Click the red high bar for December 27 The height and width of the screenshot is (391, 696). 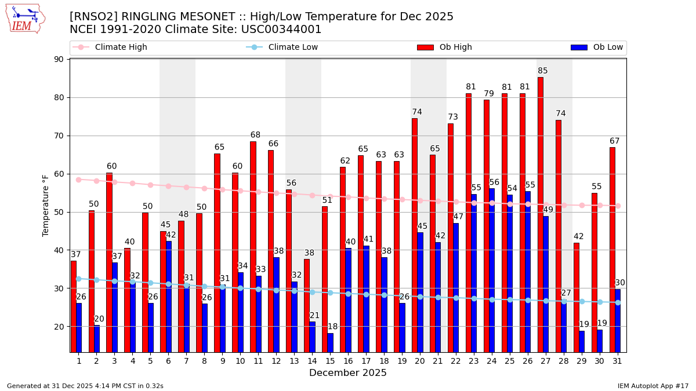tap(540, 214)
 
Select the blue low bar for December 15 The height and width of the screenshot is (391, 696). tap(330, 342)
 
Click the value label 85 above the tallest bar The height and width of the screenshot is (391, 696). tap(543, 71)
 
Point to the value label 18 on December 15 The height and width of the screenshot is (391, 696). tap(332, 327)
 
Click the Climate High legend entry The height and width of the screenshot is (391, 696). tap(113, 47)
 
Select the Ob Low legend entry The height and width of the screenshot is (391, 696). tap(597, 47)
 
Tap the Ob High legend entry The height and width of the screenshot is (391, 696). tap(445, 47)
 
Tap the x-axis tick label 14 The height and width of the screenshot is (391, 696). tap(312, 361)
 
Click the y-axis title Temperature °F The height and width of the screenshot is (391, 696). tap(46, 205)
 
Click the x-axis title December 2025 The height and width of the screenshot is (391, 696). tap(347, 373)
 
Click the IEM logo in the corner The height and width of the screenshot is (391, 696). tap(26, 19)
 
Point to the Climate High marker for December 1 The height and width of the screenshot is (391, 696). tap(78, 180)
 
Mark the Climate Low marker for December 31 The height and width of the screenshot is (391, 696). tap(618, 302)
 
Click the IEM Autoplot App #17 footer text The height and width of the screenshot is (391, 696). tap(652, 386)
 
